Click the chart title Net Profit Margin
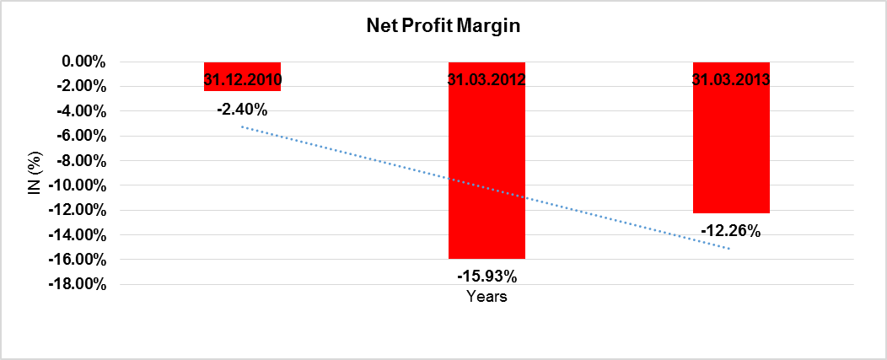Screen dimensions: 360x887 (x=443, y=26)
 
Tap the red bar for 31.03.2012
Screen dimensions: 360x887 (x=487, y=169)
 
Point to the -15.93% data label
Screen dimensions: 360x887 (x=487, y=276)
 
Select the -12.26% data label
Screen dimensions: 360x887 (x=731, y=230)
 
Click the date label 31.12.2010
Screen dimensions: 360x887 (x=242, y=81)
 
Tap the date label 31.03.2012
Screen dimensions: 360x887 (x=487, y=81)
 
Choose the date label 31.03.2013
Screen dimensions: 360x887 (x=731, y=81)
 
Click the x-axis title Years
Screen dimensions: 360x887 (x=487, y=297)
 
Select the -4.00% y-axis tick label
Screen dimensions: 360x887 (x=80, y=110)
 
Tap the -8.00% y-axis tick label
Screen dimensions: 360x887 (x=80, y=160)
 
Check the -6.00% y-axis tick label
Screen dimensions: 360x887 (x=80, y=136)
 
